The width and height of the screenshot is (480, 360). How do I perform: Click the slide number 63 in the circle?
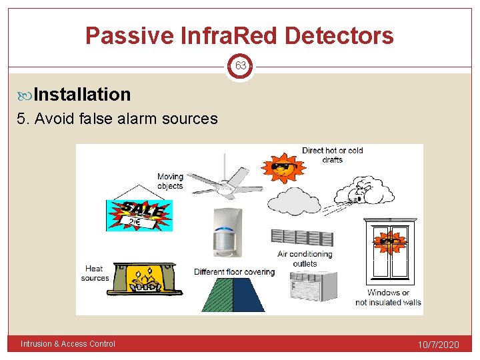240,66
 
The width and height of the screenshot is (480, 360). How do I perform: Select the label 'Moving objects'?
170,181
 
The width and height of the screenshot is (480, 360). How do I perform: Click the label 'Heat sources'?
95,273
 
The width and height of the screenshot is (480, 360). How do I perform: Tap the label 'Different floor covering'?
234,272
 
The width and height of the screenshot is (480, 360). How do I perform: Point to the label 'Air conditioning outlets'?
305,259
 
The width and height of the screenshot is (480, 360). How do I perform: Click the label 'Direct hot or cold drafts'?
332,155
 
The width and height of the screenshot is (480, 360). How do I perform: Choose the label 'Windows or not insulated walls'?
388,297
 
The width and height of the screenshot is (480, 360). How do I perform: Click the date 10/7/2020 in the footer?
438,345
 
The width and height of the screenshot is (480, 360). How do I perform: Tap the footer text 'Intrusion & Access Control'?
68,344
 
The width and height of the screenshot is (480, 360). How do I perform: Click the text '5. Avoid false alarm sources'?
126,119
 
